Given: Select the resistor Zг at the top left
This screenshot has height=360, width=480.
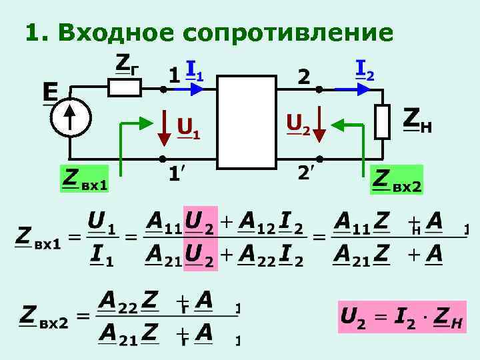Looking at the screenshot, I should pyautogui.click(x=125, y=87).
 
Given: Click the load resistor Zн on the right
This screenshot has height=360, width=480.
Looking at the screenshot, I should pyautogui.click(x=382, y=121).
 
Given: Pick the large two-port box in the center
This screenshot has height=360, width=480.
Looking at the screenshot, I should pyautogui.click(x=247, y=121).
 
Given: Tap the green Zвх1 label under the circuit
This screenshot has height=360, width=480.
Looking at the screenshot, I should pyautogui.click(x=84, y=179).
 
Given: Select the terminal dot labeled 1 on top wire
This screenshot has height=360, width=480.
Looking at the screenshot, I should pyautogui.click(x=162, y=88).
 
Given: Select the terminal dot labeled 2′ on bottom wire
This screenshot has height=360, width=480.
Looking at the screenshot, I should pyautogui.click(x=319, y=160).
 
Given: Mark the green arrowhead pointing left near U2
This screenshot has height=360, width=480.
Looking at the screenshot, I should pyautogui.click(x=337, y=122).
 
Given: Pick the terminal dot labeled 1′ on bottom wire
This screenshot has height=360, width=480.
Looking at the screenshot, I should pyautogui.click(x=162, y=160).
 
